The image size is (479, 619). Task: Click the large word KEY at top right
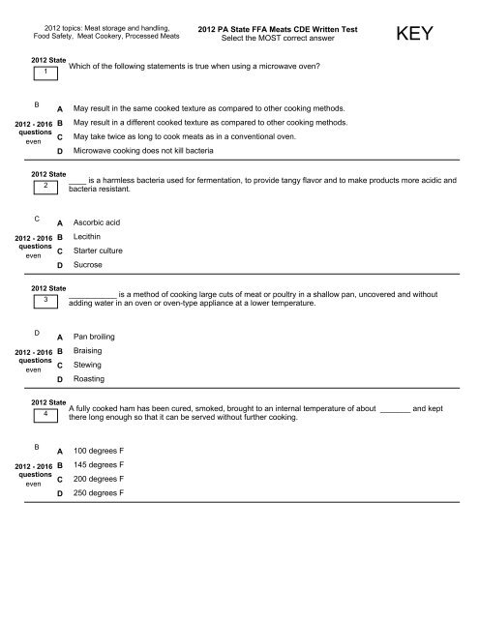pos(420,37)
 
